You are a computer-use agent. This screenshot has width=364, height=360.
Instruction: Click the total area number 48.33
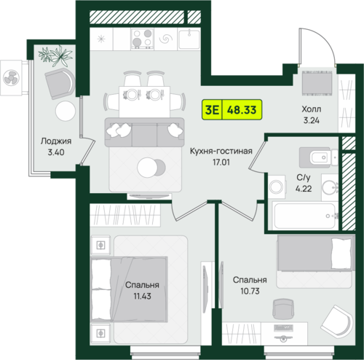pos(242,110)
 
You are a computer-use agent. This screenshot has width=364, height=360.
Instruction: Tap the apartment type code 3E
pos(212,110)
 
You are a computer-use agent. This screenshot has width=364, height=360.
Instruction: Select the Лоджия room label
pos(56,141)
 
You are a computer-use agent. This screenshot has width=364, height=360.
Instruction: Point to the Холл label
pos(312,109)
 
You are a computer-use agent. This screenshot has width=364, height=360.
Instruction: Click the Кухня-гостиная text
pos(221,151)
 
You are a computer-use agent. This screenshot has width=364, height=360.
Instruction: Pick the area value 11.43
pos(142,296)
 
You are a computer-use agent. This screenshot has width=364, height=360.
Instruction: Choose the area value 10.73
pos(250,291)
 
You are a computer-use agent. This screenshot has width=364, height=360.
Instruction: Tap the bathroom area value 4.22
pos(304,189)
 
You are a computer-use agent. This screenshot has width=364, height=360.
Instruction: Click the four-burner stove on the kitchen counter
pos(143,39)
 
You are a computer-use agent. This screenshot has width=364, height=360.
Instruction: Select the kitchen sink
pos(189,39)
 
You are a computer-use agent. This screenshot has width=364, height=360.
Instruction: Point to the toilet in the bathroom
pos(318,157)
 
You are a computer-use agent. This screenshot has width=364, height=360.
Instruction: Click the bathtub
pos(305,216)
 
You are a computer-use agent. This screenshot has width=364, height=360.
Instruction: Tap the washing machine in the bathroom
pos(277,187)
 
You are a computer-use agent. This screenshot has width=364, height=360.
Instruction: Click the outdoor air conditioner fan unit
pos(11,78)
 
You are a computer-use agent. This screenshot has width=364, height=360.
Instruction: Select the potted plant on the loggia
pos(55,56)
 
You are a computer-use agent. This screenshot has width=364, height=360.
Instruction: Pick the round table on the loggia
pos(66,111)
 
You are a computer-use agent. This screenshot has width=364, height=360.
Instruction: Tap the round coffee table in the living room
pos(148,168)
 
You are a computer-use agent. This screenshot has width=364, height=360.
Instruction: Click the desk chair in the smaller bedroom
pos(283,309)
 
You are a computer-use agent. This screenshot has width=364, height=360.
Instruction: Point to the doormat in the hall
pos(317,83)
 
